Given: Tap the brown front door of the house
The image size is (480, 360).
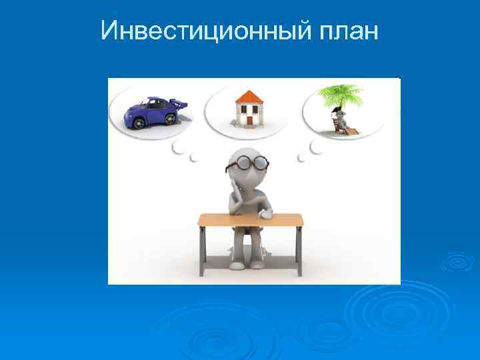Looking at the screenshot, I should pyautogui.click(x=250, y=119).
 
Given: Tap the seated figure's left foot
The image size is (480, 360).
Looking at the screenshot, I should pyautogui.click(x=237, y=265).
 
